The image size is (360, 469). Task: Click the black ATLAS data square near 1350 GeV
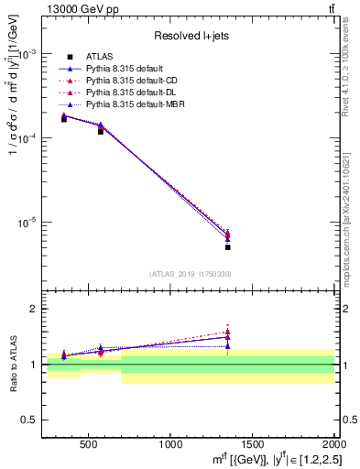click(228, 247)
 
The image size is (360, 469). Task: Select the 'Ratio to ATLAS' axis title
click(12, 364)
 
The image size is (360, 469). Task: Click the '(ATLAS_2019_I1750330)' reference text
click(190, 274)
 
